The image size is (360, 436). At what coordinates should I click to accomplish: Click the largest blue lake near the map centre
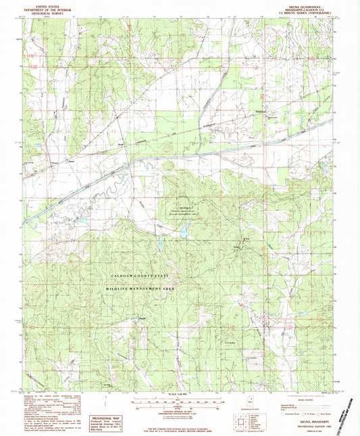click(x=183, y=233)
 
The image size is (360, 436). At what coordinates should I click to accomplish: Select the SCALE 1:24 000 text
click(x=179, y=394)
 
